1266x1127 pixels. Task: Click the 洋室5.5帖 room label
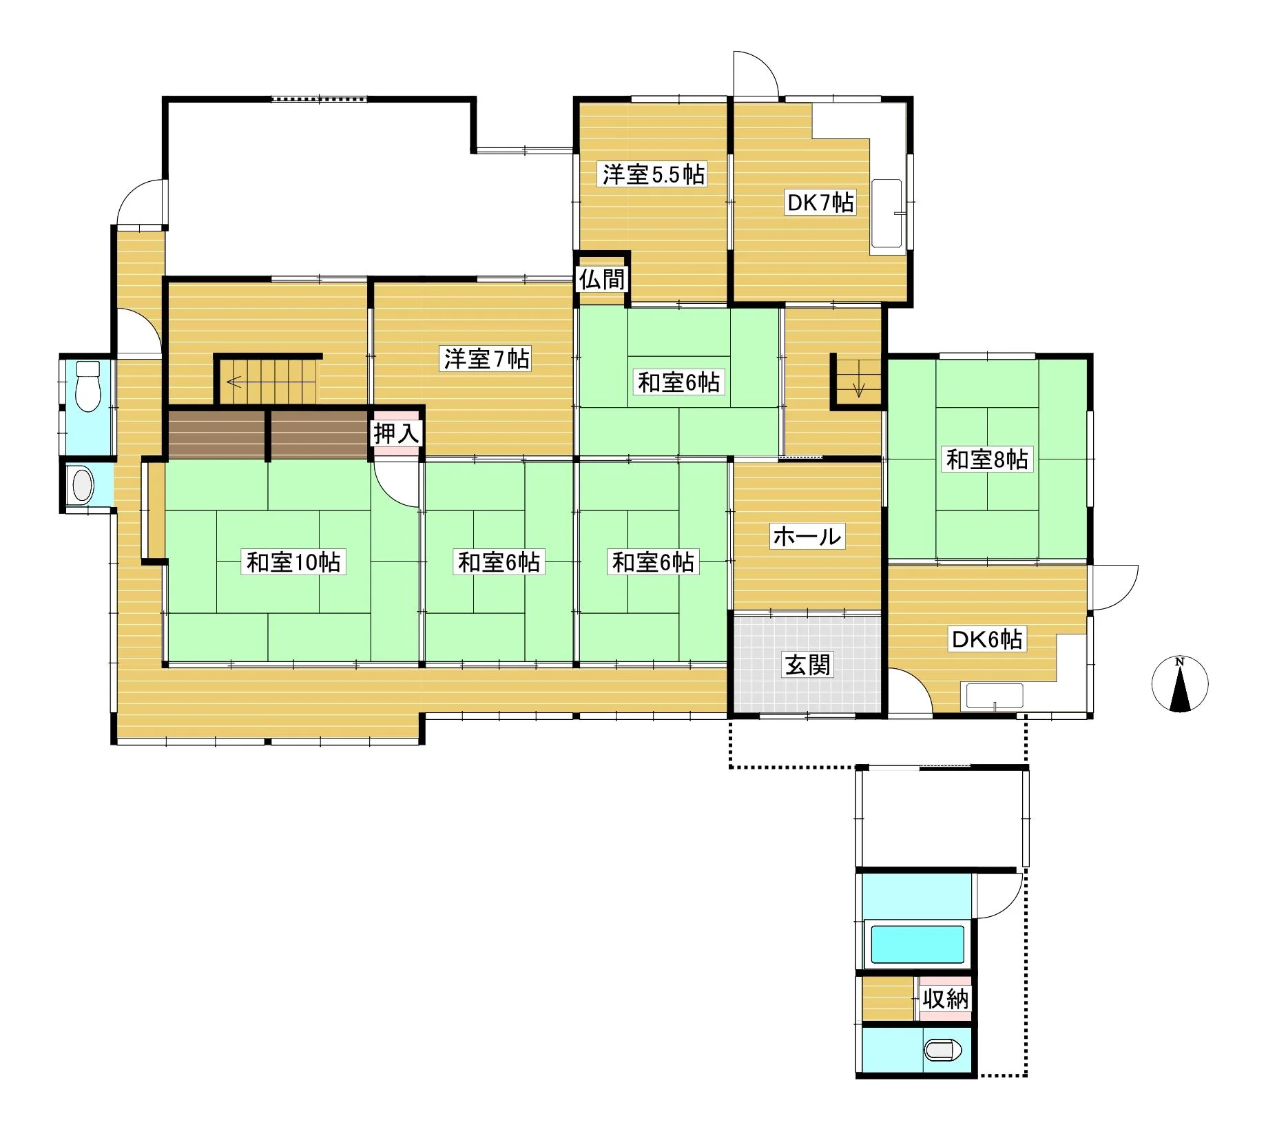654,174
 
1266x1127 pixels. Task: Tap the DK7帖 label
821,203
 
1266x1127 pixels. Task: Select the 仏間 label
602,279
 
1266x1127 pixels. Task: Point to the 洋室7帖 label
486,359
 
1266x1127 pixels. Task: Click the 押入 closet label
396,434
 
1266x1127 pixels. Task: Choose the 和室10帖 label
295,562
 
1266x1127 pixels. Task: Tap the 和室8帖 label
987,459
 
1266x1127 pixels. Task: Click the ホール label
807,536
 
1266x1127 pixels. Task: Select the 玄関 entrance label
808,665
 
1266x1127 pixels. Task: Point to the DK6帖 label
987,639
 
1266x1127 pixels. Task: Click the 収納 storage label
946,998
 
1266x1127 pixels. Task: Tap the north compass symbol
1180,684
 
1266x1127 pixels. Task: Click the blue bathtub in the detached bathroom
917,944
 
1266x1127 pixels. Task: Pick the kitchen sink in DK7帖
888,214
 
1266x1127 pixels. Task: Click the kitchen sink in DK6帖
995,696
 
